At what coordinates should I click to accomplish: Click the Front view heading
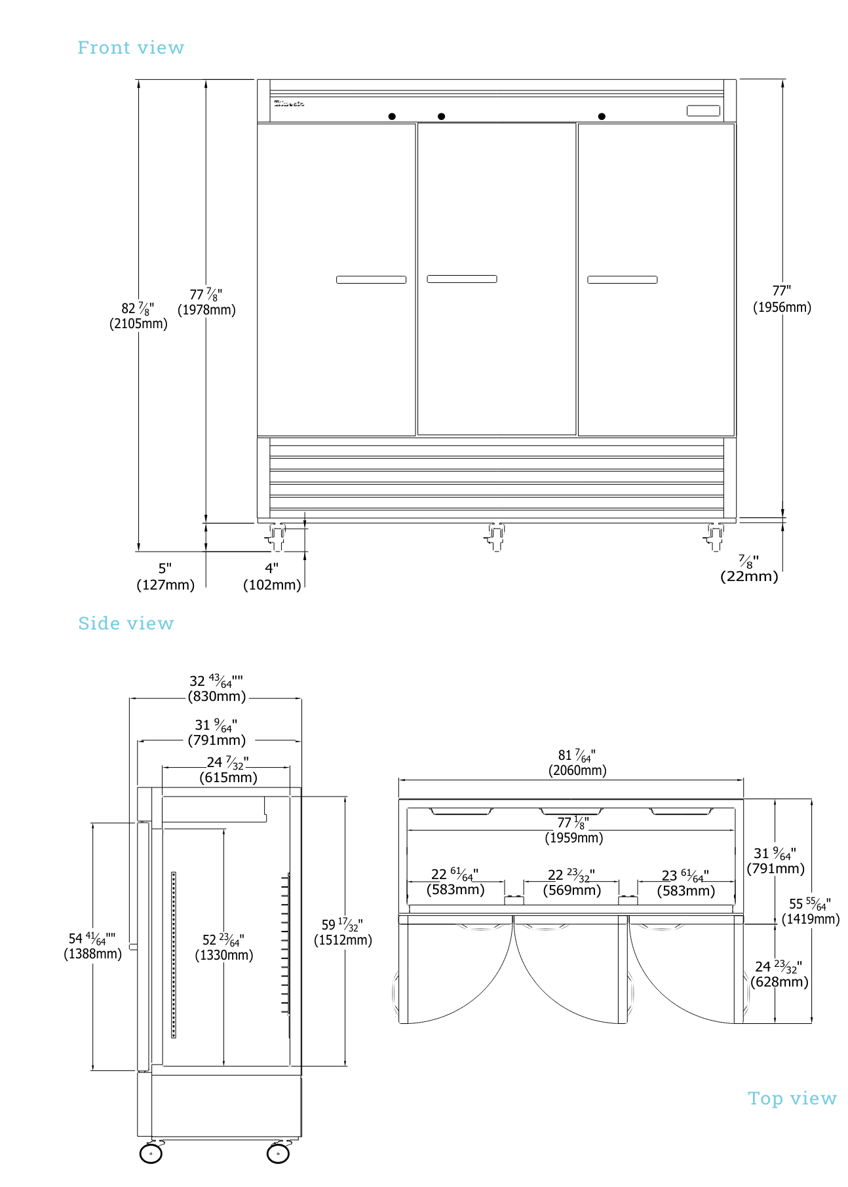130,48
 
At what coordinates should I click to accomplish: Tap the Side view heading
126,623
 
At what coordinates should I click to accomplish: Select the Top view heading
792,1099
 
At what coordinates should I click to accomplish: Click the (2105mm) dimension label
138,324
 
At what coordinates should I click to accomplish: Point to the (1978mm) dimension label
206,310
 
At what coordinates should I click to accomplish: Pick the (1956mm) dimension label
782,307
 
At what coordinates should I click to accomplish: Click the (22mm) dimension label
749,576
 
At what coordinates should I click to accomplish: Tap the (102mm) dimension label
272,585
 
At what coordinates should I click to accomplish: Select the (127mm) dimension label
165,585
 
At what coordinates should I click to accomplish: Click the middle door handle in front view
462,279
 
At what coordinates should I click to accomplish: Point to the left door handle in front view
371,280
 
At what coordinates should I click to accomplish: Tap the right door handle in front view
622,280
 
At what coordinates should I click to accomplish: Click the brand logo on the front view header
289,104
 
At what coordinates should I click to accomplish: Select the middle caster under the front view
495,537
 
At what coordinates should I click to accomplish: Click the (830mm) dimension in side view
217,696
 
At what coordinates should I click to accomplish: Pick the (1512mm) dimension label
343,940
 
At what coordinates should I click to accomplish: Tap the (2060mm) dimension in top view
577,770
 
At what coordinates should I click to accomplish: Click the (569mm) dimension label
571,890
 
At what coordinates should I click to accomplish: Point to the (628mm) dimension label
779,982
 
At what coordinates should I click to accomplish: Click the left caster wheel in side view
151,1154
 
